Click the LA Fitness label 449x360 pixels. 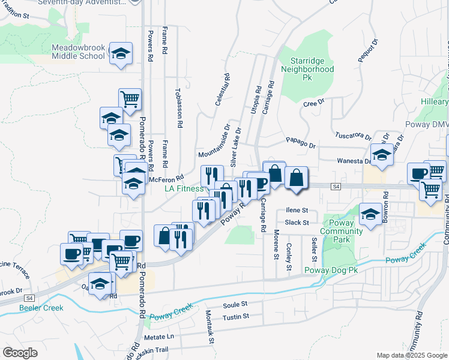[184, 188]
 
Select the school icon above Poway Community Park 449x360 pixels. [370, 214]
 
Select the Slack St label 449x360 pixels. [297, 222]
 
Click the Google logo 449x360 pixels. [20, 353]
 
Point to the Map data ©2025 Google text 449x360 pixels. [411, 355]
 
